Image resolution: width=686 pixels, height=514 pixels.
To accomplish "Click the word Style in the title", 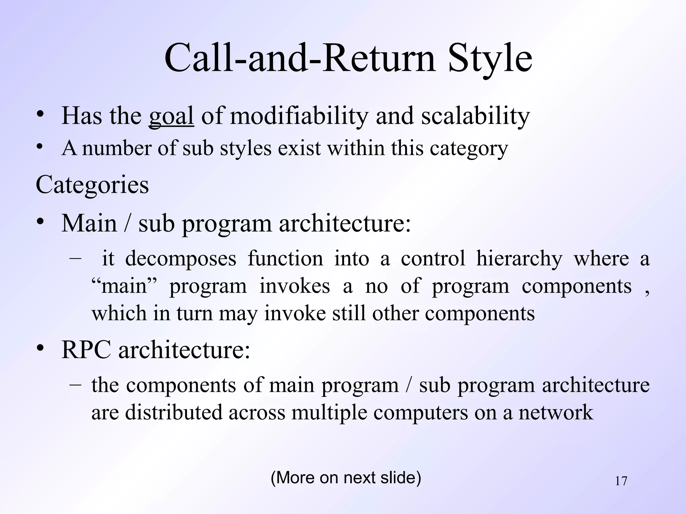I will coord(490,59).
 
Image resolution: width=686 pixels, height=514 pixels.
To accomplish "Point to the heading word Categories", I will coord(92,185).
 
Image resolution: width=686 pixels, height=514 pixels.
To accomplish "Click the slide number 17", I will coord(621,481).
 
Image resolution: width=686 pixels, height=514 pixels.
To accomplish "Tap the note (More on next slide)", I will coord(346,478).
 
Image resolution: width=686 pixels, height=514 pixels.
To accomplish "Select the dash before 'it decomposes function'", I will coord(76,258).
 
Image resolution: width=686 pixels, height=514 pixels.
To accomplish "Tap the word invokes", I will coord(294,287).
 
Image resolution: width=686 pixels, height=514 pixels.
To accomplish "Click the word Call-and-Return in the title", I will coord(300,59).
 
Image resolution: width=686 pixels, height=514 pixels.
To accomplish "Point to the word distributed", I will coord(174,413).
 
